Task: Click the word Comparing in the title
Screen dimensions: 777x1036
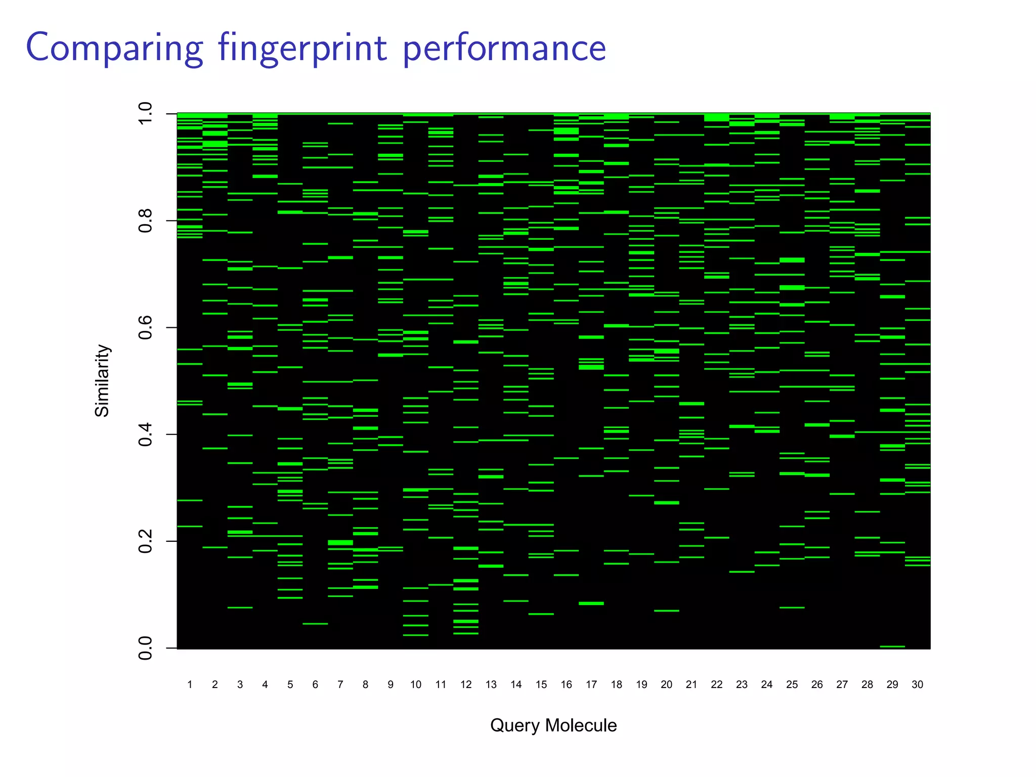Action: (114, 49)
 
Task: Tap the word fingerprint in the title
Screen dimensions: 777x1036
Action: (303, 49)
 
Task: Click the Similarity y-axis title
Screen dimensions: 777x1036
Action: (102, 380)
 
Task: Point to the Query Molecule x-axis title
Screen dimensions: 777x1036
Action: (553, 725)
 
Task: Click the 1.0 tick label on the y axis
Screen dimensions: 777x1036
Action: (145, 114)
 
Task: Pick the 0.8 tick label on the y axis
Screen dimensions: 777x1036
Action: (145, 221)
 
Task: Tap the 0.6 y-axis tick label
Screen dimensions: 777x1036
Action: (145, 327)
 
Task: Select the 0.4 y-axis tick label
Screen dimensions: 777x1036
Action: (145, 434)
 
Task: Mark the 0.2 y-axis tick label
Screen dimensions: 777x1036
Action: (145, 541)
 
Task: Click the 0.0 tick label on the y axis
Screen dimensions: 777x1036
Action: (145, 648)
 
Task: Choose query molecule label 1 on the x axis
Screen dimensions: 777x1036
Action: (190, 684)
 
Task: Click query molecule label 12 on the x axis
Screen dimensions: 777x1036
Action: (466, 684)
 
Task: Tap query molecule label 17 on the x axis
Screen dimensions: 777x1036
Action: (591, 684)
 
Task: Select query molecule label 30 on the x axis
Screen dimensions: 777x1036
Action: (918, 684)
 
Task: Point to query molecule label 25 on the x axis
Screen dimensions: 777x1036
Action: (792, 684)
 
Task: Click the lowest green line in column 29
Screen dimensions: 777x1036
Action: (892, 646)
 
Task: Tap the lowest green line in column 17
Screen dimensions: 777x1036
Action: (591, 603)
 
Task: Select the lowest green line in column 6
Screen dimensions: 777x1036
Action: (315, 624)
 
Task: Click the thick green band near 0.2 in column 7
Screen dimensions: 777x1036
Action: (340, 543)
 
